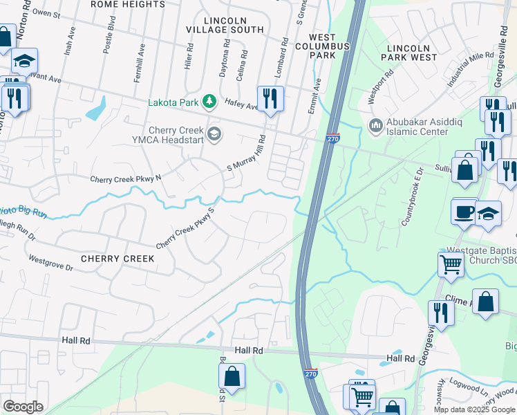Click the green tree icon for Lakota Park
[x=207, y=103]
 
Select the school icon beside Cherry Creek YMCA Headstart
[x=214, y=133]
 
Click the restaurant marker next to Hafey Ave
[x=270, y=98]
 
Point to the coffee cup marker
[x=463, y=211]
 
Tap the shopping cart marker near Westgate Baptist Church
[x=450, y=264]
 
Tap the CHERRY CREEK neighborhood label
[x=117, y=259]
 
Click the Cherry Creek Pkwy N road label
[x=125, y=179]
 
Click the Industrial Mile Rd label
[x=467, y=69]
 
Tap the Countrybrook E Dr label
[x=411, y=196]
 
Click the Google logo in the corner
[x=23, y=407]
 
